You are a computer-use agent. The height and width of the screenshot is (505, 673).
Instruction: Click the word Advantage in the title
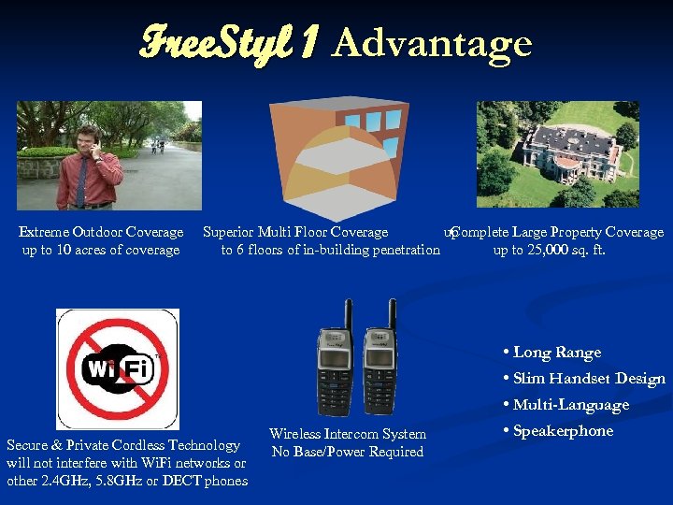point(432,43)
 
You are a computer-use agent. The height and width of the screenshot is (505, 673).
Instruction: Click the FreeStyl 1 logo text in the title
point(231,42)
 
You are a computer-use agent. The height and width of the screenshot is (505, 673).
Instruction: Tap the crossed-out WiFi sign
point(118,368)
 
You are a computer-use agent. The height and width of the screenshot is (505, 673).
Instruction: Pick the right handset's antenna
point(393,315)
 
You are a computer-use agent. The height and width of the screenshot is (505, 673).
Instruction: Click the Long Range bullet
point(556,353)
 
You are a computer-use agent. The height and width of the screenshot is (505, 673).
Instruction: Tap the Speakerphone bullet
point(562,431)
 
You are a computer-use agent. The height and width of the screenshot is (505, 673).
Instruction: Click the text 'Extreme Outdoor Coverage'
point(101,232)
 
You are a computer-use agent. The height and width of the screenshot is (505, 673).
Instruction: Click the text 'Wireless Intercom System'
point(348,434)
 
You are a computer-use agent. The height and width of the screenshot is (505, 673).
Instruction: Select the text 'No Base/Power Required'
point(348,452)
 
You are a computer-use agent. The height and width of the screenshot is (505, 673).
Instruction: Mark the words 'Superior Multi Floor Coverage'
point(295,232)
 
